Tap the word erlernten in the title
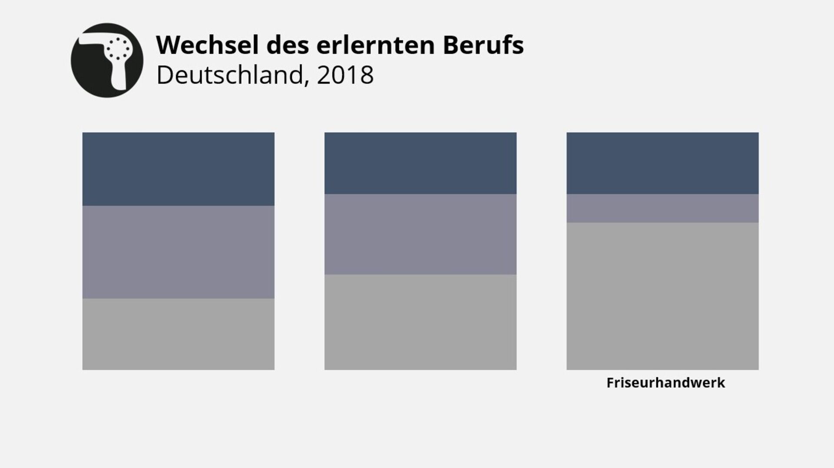tap(375, 45)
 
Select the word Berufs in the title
tap(483, 45)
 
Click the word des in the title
tap(288, 45)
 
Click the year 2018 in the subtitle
tap(345, 75)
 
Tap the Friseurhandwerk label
tap(665, 383)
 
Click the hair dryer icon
tap(107, 60)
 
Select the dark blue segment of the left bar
tap(178, 169)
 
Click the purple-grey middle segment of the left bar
tap(178, 252)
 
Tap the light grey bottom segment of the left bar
tap(178, 334)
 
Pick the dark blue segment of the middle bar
tap(420, 163)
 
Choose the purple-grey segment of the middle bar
tap(420, 234)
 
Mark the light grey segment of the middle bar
tap(420, 322)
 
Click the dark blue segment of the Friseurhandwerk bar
tap(662, 163)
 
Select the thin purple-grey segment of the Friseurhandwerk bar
tap(662, 209)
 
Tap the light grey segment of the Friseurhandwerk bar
tap(662, 296)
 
